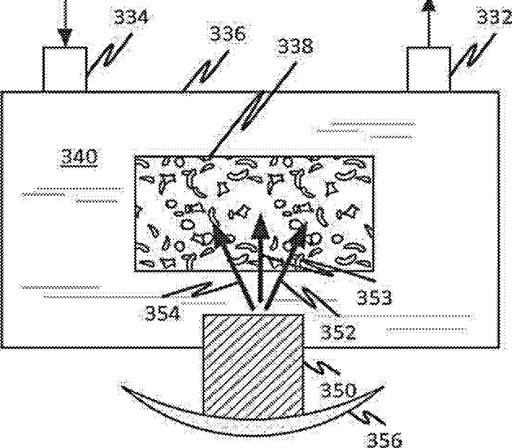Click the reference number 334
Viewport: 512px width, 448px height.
(x=131, y=17)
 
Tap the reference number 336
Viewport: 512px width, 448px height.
(x=228, y=33)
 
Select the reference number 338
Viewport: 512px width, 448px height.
(x=296, y=46)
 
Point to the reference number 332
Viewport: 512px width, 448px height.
(x=494, y=16)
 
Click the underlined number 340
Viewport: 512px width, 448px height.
(x=80, y=157)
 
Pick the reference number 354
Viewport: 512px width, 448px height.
(x=163, y=314)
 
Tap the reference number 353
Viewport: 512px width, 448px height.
(x=374, y=298)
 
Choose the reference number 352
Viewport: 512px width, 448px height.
(x=338, y=332)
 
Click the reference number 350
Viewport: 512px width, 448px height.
(x=338, y=390)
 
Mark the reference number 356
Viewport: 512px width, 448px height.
(x=384, y=440)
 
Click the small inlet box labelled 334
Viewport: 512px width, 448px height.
(x=65, y=69)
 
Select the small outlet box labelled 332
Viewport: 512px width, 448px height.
(x=429, y=69)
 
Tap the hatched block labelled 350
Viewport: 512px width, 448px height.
(x=253, y=368)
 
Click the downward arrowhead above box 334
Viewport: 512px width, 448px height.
(x=65, y=37)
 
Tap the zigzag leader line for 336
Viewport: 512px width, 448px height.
(x=206, y=71)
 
